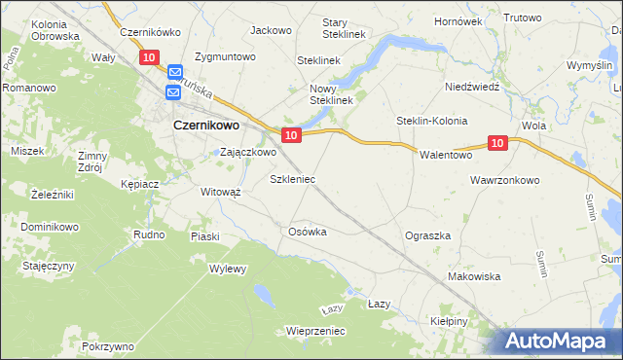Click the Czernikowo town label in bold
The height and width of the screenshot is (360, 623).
(x=207, y=125)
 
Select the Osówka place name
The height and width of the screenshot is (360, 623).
(x=307, y=232)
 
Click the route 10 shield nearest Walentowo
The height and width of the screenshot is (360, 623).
(x=497, y=143)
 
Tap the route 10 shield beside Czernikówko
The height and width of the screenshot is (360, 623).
(x=149, y=57)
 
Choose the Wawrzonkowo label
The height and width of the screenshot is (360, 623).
(x=504, y=180)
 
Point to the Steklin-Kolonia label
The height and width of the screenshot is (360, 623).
(x=431, y=121)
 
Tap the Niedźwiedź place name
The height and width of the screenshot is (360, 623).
(x=471, y=86)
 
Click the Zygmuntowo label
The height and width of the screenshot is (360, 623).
(x=225, y=56)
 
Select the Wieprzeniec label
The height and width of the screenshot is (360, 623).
(x=315, y=331)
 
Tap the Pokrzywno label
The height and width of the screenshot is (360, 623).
(x=108, y=346)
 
